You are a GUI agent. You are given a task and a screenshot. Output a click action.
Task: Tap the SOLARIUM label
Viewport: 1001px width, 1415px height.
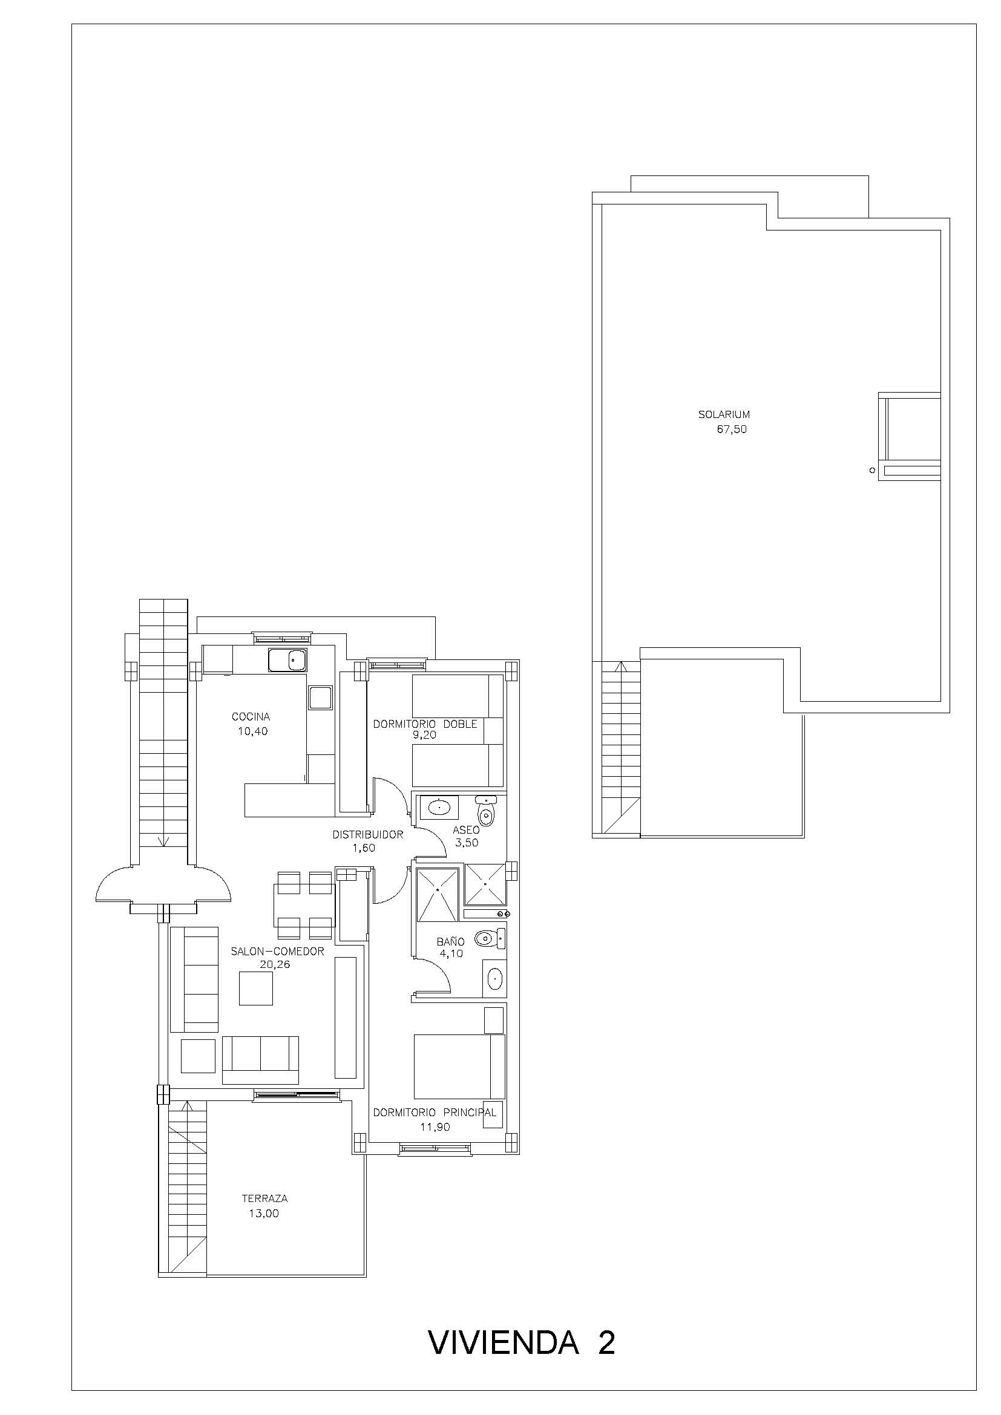tap(724, 415)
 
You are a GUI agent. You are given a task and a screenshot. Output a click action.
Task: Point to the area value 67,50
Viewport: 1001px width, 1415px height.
tap(732, 430)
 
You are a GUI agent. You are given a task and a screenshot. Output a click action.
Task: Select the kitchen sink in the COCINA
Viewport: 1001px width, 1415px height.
tap(287, 660)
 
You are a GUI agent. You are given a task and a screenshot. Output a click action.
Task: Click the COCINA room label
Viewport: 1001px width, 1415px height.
tap(251, 717)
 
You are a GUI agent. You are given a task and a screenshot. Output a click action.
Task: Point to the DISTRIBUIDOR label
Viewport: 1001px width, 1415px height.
tap(367, 835)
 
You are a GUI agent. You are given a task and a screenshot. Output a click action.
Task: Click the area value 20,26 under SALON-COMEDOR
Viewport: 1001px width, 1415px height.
tap(274, 964)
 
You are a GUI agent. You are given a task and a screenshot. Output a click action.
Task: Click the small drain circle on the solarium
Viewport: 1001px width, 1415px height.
tap(872, 470)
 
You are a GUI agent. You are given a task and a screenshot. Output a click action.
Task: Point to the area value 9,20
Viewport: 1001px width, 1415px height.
tap(425, 734)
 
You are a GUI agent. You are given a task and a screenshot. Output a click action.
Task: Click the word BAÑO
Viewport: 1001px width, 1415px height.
tap(451, 942)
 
